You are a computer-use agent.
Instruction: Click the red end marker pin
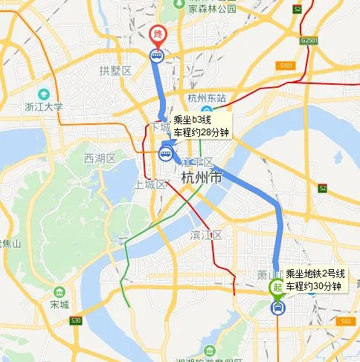point(157,34)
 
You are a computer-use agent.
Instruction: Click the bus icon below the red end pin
point(157,55)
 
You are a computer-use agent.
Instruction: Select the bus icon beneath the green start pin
point(277,306)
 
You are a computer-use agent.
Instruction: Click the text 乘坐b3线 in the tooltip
point(192,120)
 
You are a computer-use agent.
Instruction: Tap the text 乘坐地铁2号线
point(315,274)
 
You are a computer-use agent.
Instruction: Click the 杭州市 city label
point(201,178)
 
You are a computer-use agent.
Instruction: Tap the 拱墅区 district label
point(115,70)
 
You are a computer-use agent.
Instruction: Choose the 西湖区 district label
point(100,158)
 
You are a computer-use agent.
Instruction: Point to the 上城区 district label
point(149,184)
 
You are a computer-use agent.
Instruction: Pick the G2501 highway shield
point(309,39)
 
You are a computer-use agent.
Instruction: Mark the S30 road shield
point(75,320)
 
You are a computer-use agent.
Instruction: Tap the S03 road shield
point(343,320)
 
